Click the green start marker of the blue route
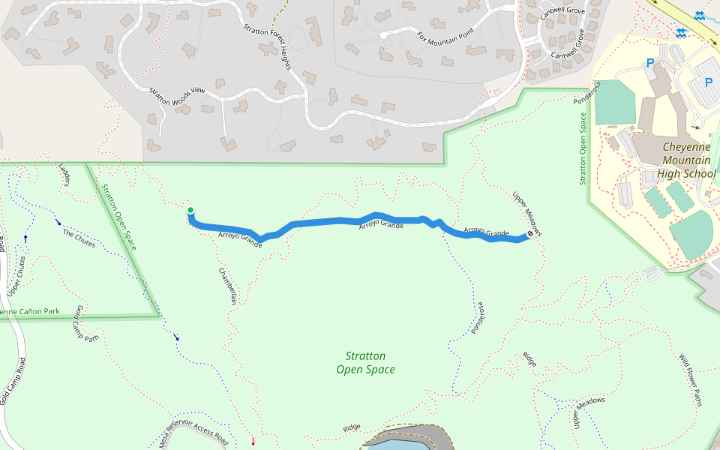(190, 210)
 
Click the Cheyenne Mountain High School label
(685, 160)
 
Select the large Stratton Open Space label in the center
(365, 362)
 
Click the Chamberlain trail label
(228, 285)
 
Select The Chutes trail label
(79, 238)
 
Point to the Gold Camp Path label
(85, 325)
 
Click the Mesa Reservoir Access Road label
(196, 430)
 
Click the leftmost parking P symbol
(650, 63)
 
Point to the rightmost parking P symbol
(708, 82)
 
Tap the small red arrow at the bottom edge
(253, 441)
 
